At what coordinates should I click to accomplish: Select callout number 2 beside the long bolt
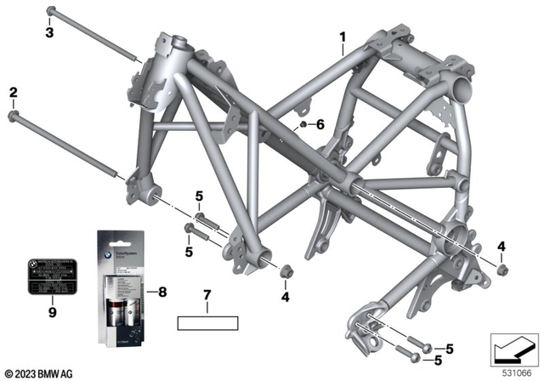click(13, 92)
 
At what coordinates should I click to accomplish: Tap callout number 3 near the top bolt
click(49, 32)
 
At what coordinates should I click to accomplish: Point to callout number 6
click(320, 124)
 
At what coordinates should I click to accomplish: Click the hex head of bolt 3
click(51, 11)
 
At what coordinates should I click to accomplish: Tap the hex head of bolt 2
click(13, 113)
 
